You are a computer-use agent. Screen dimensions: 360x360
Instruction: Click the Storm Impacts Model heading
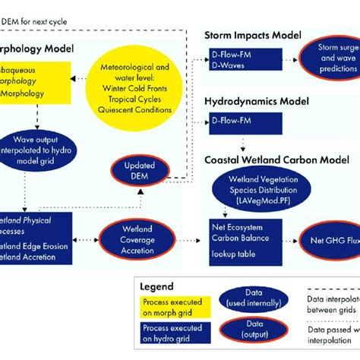click(x=252, y=35)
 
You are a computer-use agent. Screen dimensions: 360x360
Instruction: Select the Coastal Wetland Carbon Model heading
click(x=276, y=160)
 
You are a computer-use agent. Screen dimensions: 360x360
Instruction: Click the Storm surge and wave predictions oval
click(x=327, y=58)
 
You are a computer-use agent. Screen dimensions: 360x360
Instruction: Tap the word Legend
click(x=158, y=287)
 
